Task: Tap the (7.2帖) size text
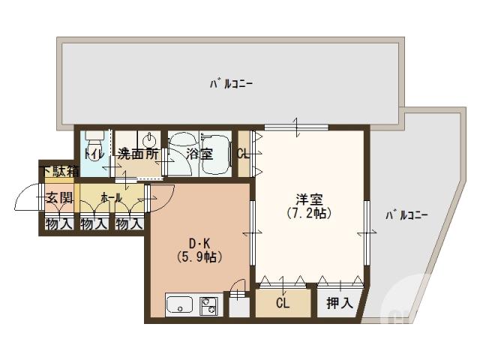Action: (309, 213)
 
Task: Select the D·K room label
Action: (199, 242)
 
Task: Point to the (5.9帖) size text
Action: (199, 256)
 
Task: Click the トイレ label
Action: (94, 154)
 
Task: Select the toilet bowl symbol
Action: (94, 140)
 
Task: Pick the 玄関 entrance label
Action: (59, 198)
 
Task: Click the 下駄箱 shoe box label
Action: (60, 171)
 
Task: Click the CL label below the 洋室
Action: (282, 303)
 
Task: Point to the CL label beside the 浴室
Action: (243, 154)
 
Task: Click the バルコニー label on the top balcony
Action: (230, 83)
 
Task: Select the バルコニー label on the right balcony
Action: (406, 215)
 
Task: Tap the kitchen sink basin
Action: (181, 305)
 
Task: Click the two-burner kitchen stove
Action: (208, 305)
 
